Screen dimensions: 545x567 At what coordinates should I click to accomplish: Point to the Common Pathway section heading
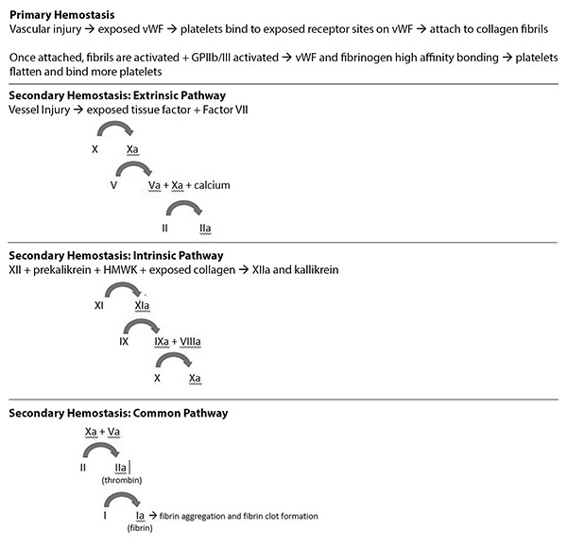pos(118,413)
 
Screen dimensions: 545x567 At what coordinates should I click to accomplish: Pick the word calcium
pos(212,185)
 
